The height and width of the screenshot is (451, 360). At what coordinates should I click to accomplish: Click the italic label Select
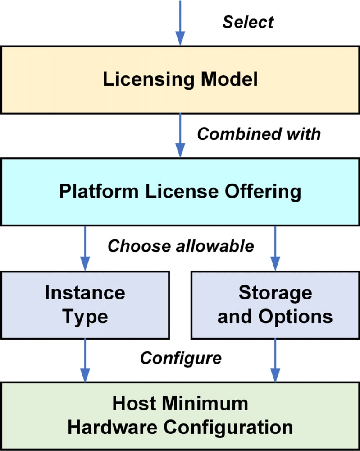point(248,22)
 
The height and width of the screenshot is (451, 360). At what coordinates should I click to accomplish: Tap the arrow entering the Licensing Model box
point(180,23)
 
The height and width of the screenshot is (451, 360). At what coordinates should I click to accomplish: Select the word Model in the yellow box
point(229,79)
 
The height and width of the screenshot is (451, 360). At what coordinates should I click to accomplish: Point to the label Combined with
point(259,134)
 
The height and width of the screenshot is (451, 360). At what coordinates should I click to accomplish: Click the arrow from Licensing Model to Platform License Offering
point(180,135)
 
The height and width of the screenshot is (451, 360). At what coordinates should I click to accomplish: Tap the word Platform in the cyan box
point(99,191)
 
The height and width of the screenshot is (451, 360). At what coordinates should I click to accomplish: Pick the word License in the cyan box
point(182,191)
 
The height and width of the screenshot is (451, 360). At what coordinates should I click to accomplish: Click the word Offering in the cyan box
point(263,192)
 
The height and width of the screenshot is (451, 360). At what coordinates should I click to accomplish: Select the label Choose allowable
point(181,246)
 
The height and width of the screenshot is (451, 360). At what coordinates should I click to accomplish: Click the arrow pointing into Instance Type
point(85,248)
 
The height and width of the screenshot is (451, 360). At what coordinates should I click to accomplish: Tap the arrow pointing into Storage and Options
point(275,248)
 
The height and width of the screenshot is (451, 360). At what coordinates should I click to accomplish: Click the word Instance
point(85,293)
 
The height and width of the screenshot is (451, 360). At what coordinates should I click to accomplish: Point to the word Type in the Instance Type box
point(85,317)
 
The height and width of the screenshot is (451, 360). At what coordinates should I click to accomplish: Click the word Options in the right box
point(296,317)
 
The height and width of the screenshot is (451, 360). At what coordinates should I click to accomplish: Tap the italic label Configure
point(181,359)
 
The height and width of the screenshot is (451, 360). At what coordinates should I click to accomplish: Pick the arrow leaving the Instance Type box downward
point(85,360)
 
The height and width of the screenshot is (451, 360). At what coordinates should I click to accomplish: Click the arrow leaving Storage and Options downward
point(275,360)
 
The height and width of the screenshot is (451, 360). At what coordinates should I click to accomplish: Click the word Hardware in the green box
point(112,427)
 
